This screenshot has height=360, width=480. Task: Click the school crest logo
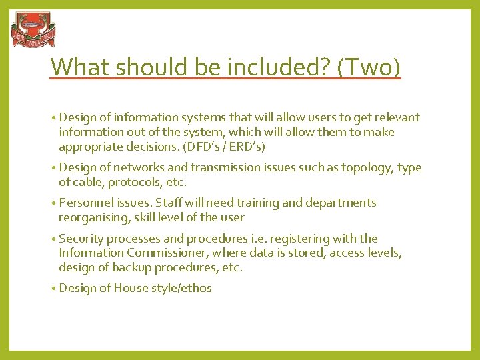coord(33,30)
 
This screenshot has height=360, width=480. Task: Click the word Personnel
coord(85,203)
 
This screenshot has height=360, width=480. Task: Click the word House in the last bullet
coord(131,288)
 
